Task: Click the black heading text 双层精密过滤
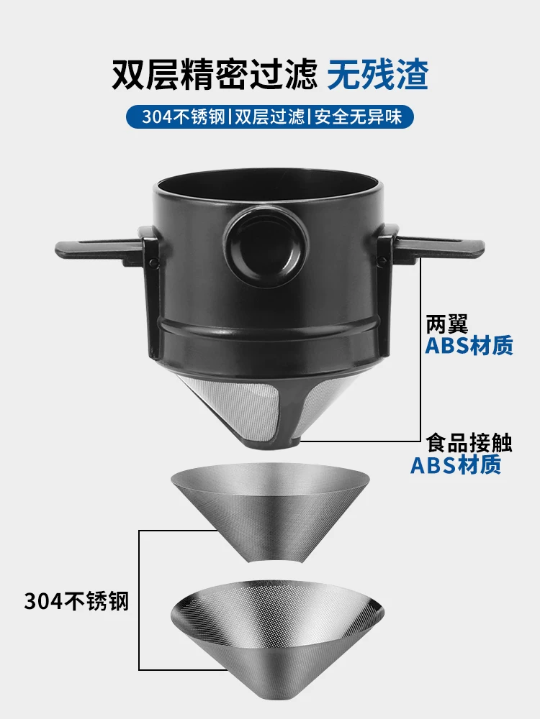tap(214, 74)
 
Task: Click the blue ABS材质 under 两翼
tap(469, 346)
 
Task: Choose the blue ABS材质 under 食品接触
tap(456, 466)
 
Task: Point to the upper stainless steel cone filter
tap(270, 503)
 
